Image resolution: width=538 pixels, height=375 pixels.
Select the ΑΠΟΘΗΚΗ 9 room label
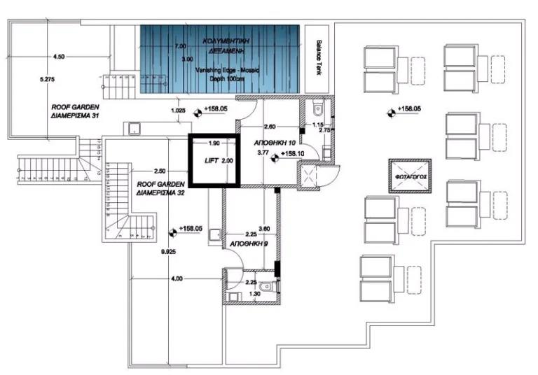coord(249,245)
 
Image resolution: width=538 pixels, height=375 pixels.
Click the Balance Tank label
coord(319,64)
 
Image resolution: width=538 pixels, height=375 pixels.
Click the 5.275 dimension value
coord(47,80)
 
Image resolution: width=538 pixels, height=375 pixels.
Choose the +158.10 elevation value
coord(293,153)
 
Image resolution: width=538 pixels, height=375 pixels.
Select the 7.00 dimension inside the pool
coord(181,46)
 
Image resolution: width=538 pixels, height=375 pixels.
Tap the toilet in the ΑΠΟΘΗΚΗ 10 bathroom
coord(317,108)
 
